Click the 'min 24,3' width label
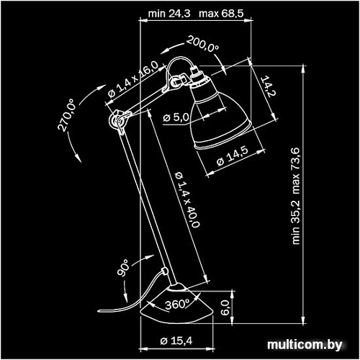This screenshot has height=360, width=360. pyautogui.click(x=169, y=14)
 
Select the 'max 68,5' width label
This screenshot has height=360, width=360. pyautogui.click(x=221, y=14)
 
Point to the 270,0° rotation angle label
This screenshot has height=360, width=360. pyautogui.click(x=66, y=114)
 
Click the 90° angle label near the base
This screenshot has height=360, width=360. pyautogui.click(x=123, y=268)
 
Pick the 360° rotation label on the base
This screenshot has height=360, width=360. pyautogui.click(x=176, y=305)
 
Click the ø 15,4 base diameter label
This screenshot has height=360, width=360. pyautogui.click(x=176, y=341)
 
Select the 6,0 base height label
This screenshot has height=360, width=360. pyautogui.click(x=225, y=308)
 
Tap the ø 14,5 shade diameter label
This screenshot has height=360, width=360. pyautogui.click(x=232, y=156)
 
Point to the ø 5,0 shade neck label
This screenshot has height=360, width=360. pyautogui.click(x=176, y=117)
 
